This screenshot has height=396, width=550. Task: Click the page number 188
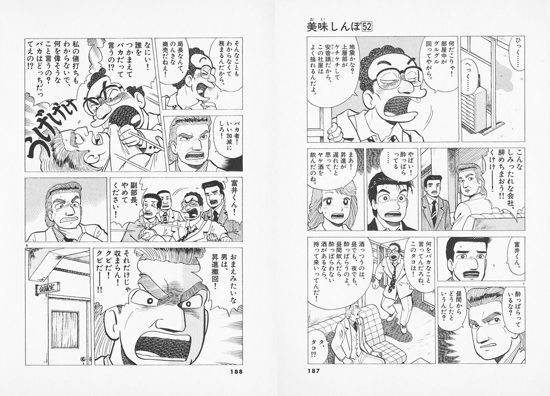point(236,371)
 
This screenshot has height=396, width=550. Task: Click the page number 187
point(314,371)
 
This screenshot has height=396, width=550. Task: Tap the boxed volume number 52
point(367,27)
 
